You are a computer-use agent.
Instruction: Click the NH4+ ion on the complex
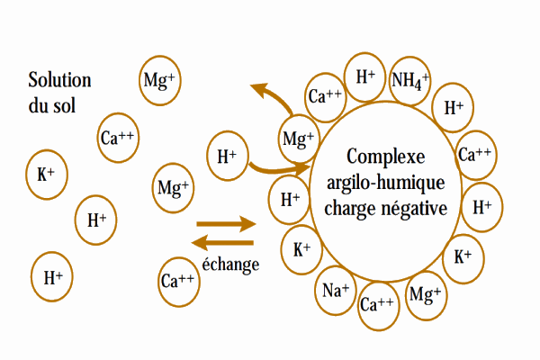(x=409, y=81)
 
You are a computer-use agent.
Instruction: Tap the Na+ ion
(x=336, y=291)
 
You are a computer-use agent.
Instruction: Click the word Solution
(x=59, y=80)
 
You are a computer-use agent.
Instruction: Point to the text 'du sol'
(x=51, y=105)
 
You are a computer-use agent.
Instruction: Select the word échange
(x=230, y=265)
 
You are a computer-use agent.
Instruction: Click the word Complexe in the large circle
(x=386, y=156)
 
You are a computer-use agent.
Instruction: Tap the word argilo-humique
(x=386, y=182)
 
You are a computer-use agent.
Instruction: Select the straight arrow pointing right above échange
(x=226, y=224)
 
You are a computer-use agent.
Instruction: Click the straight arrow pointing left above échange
(x=222, y=243)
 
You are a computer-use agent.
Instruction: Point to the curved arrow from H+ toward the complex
(x=279, y=169)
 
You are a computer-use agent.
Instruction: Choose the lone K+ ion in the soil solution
(x=47, y=175)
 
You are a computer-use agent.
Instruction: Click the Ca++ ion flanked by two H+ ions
(x=476, y=155)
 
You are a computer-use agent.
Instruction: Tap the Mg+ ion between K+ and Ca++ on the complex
(x=426, y=295)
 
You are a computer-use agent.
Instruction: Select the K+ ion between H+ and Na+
(x=301, y=250)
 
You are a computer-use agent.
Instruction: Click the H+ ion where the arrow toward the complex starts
(x=228, y=156)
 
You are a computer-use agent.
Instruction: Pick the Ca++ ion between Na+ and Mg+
(x=378, y=306)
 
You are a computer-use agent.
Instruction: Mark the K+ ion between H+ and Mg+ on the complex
(x=463, y=258)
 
